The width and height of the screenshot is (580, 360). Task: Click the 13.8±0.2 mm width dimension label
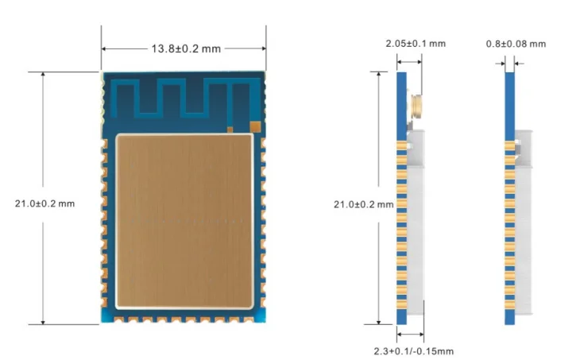pos(186,48)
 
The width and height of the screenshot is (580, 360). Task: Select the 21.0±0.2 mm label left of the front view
pos(44,203)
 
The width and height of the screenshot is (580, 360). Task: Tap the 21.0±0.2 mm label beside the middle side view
pos(363,204)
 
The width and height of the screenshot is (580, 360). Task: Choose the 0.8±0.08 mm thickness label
pos(515,43)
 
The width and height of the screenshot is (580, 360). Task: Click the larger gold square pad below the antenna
pos(255,126)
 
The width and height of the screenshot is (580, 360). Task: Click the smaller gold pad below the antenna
pos(230,128)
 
